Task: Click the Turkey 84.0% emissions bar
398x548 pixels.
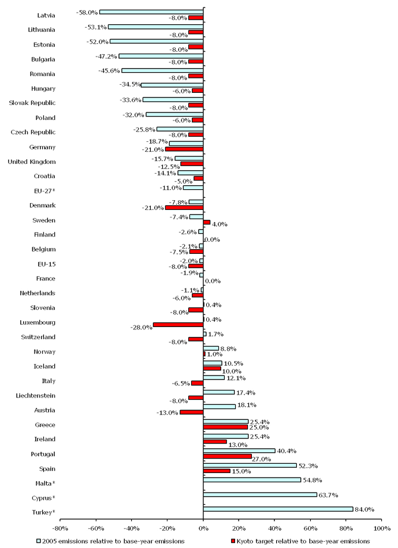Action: [278, 509]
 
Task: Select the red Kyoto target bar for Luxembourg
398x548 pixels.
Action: [178, 325]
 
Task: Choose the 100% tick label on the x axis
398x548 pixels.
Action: [381, 528]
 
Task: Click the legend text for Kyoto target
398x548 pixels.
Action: [303, 541]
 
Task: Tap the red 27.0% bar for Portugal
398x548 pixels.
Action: [228, 456]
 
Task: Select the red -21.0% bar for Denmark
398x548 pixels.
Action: [184, 208]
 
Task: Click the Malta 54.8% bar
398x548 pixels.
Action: [252, 479]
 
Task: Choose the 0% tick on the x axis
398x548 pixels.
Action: [203, 528]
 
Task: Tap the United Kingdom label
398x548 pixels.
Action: [32, 162]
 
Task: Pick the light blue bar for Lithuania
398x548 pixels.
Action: [155, 27]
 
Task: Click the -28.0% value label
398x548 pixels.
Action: [142, 327]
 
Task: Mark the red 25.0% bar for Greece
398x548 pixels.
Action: [225, 427]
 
